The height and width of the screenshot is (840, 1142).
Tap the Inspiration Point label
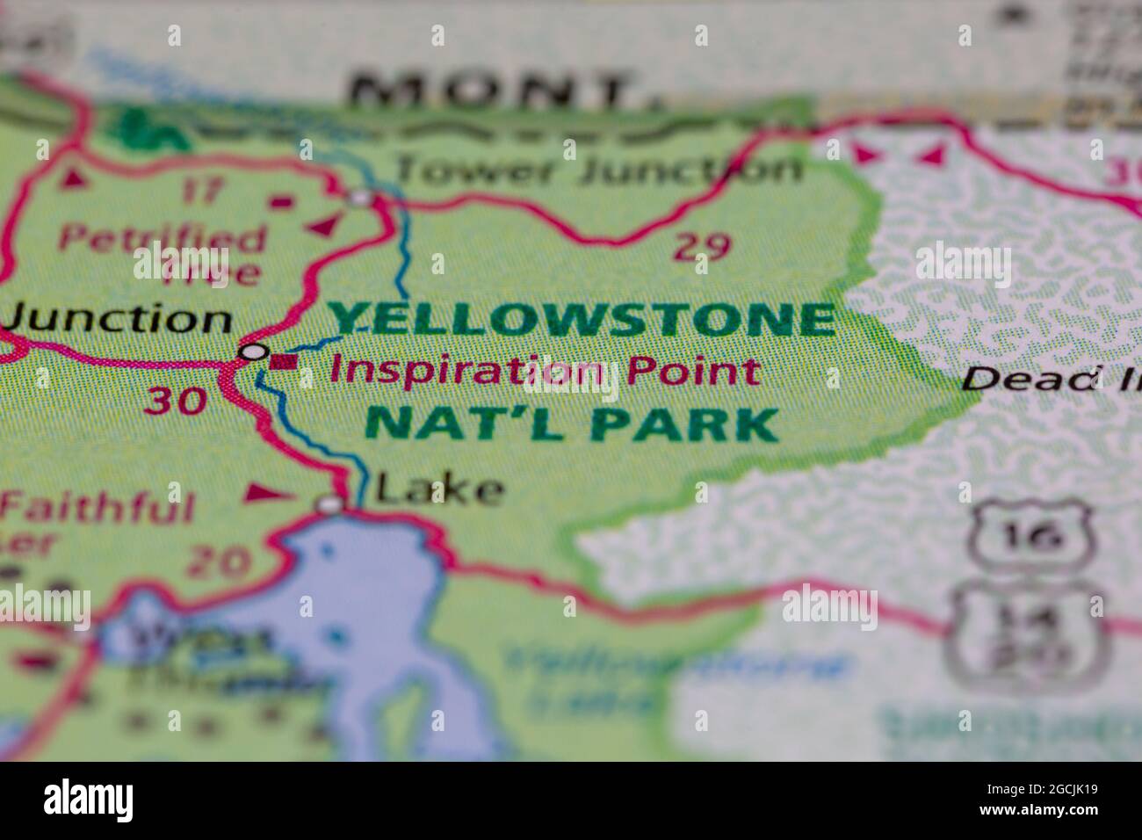pyautogui.click(x=545, y=371)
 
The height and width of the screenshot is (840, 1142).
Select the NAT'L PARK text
pyautogui.click(x=571, y=424)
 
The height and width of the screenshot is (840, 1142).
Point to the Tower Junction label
pyautogui.click(x=597, y=169)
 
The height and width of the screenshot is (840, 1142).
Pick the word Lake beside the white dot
pyautogui.click(x=439, y=490)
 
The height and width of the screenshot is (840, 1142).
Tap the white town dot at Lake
pyautogui.click(x=329, y=504)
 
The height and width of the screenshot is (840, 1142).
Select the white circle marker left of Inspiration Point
pyautogui.click(x=254, y=352)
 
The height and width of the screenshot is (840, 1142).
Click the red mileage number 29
pyautogui.click(x=702, y=248)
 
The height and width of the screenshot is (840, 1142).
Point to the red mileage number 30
pyautogui.click(x=176, y=401)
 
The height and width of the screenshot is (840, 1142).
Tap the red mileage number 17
pyautogui.click(x=204, y=191)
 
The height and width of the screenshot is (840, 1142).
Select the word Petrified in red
pyautogui.click(x=163, y=238)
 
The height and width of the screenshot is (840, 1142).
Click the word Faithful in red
pyautogui.click(x=97, y=508)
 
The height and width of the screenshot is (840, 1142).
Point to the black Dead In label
pyautogui.click(x=1050, y=379)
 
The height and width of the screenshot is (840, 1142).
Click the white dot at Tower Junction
pyautogui.click(x=360, y=199)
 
